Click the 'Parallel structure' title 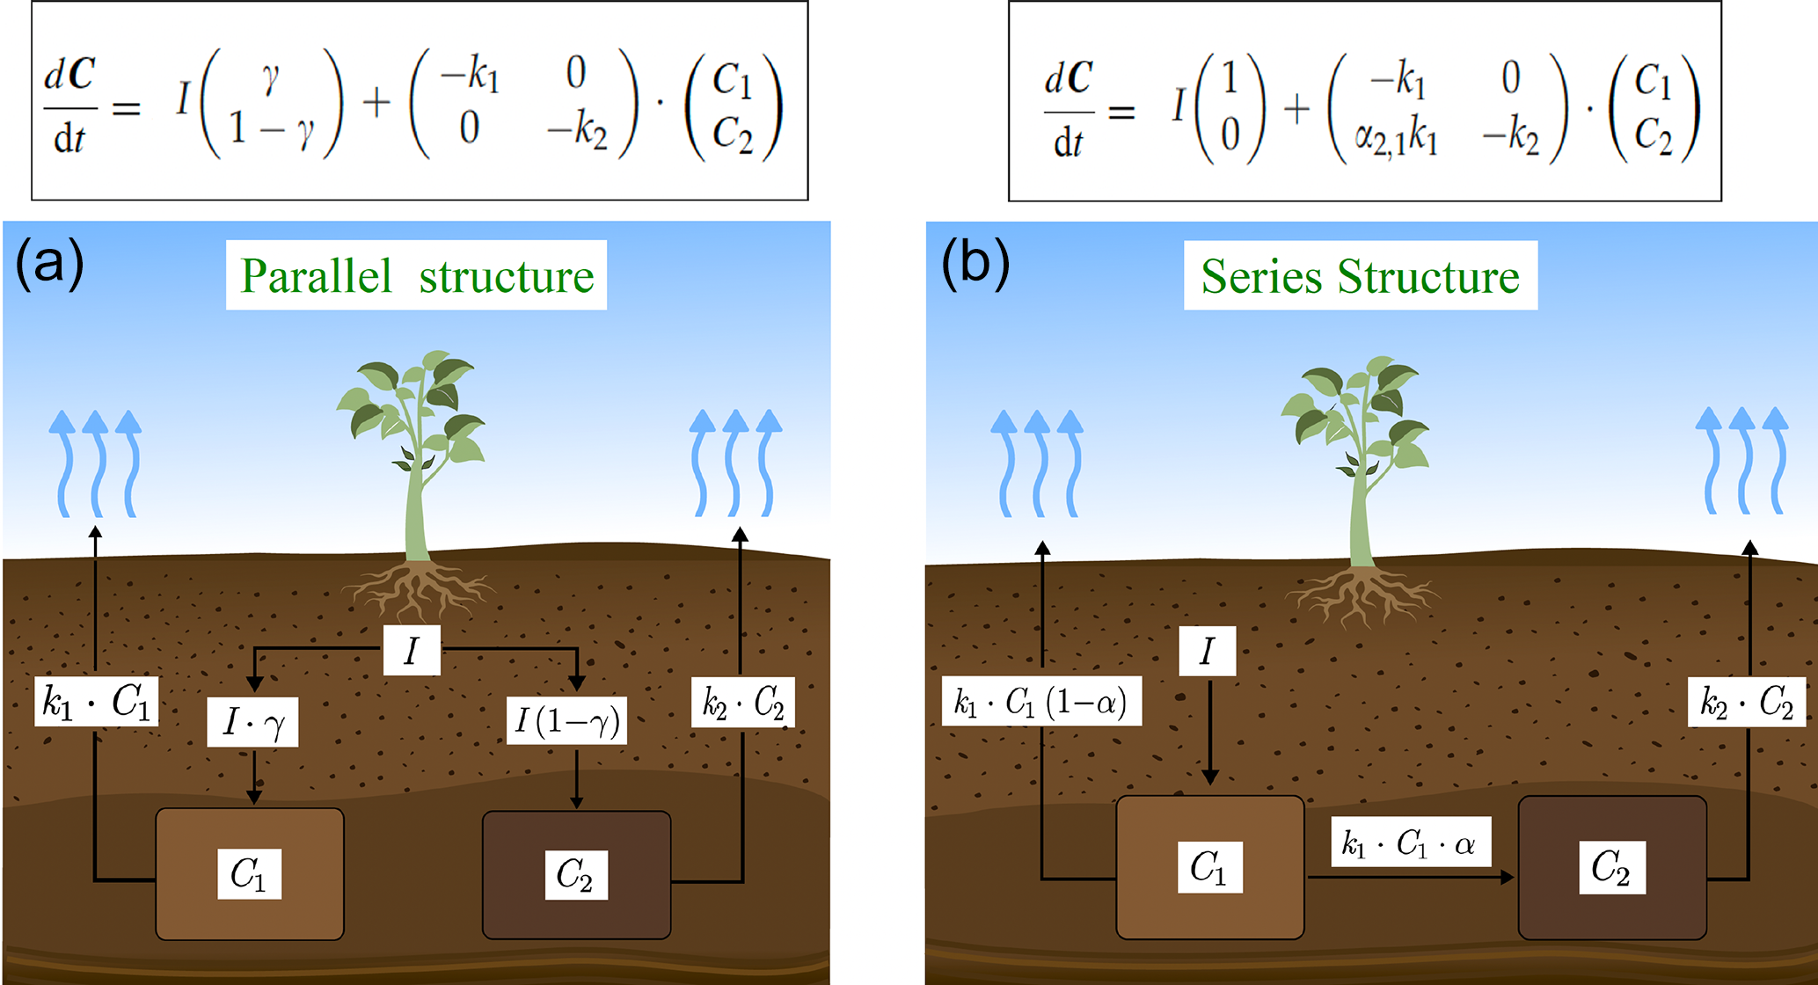coord(416,276)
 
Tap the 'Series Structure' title coord(1360,276)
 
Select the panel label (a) coord(49,263)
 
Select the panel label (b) coord(975,263)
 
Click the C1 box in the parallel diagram coord(250,873)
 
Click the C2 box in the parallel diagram coord(576,875)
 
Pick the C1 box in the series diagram coord(1209,867)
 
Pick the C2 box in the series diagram coord(1611,868)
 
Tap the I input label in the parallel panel coord(412,651)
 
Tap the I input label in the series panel coord(1207,651)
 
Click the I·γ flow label coord(252,722)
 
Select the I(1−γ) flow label coord(567,721)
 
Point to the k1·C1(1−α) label coord(1041,701)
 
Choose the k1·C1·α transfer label coord(1410,843)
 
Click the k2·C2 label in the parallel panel coord(742,702)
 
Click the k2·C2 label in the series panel coord(1746,702)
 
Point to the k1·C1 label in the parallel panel coord(97,701)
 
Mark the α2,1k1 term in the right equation coord(1396,136)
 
